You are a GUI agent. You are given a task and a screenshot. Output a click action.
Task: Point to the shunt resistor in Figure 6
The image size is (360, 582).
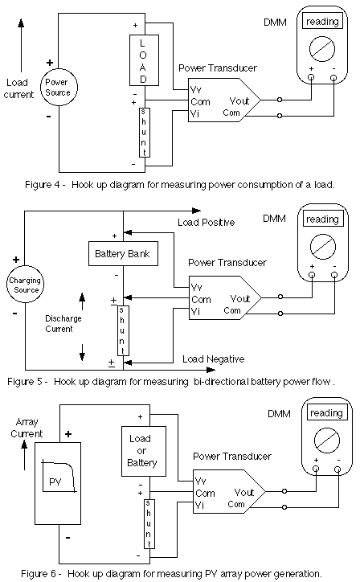149,524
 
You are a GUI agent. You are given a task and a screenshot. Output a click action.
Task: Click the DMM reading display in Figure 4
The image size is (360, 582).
322,22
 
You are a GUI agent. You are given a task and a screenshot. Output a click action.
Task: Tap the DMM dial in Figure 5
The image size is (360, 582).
323,247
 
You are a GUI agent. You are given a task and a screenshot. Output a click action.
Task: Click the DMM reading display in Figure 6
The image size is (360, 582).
327,412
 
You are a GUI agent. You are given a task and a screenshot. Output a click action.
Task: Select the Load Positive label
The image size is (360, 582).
206,223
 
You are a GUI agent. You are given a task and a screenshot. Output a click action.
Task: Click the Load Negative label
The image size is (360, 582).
214,359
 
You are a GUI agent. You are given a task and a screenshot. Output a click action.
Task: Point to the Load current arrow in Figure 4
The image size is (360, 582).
21,45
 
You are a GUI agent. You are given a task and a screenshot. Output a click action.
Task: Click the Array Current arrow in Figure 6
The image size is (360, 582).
24,456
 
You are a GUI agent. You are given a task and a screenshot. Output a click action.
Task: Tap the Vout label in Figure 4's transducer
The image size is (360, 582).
239,101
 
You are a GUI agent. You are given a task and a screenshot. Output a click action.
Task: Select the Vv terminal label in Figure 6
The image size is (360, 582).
200,481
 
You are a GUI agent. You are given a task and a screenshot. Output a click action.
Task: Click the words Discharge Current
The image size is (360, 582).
63,324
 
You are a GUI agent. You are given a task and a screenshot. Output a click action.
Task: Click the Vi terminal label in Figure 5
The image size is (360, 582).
195,311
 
